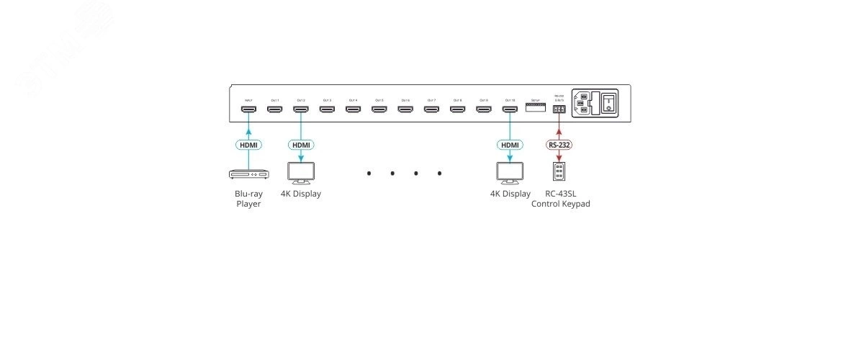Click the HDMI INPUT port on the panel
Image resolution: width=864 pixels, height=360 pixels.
248,109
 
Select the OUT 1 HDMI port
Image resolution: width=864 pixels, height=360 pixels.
274,109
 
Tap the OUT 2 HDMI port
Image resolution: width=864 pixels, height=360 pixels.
300,109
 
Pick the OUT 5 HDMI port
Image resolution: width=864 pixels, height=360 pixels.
379,109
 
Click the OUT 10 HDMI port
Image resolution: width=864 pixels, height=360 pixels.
509,109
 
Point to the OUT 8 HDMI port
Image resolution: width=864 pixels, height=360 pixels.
457,109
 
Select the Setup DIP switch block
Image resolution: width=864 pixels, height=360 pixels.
535,107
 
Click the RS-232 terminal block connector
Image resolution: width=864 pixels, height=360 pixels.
559,109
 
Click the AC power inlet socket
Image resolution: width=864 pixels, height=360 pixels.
585,102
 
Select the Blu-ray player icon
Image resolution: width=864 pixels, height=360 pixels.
248,174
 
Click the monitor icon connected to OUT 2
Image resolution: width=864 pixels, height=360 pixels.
300,173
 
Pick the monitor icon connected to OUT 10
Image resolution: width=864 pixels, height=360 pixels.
509,173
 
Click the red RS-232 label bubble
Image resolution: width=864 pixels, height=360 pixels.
559,145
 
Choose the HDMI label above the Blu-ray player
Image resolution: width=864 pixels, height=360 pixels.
248,145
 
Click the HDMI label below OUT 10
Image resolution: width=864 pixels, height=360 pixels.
509,145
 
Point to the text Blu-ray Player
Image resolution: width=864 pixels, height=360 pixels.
248,199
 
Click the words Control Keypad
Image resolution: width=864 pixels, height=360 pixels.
560,204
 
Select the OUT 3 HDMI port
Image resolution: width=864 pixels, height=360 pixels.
327,109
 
